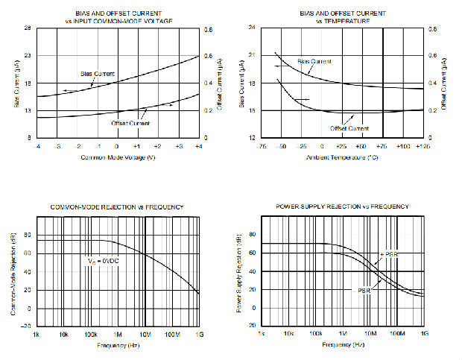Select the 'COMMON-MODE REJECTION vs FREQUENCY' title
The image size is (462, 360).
(x=117, y=206)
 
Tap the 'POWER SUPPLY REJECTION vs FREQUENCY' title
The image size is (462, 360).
(x=342, y=206)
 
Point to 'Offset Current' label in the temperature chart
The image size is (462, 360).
(x=349, y=127)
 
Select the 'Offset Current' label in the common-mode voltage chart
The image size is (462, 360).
(x=131, y=123)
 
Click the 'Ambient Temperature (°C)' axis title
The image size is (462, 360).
(x=343, y=159)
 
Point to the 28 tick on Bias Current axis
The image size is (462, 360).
(x=28, y=28)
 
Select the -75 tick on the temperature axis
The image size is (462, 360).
(x=262, y=147)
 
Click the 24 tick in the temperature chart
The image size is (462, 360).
(x=252, y=28)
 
